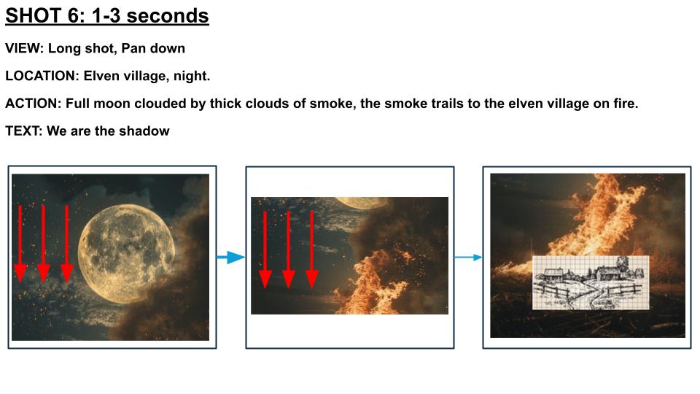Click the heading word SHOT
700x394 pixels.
pyautogui.click(x=34, y=15)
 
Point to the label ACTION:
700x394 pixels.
pyautogui.click(x=33, y=103)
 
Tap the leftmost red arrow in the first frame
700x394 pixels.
pyautogui.click(x=20, y=244)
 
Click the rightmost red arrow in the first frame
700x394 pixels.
pyautogui.click(x=67, y=244)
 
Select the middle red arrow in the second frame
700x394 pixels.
pyautogui.click(x=289, y=250)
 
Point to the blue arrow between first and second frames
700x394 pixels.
pyautogui.click(x=231, y=258)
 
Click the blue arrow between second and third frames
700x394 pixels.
pyautogui.click(x=468, y=258)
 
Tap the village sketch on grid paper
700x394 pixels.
pyautogui.click(x=591, y=282)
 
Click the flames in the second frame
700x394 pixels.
pyautogui.click(x=370, y=282)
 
